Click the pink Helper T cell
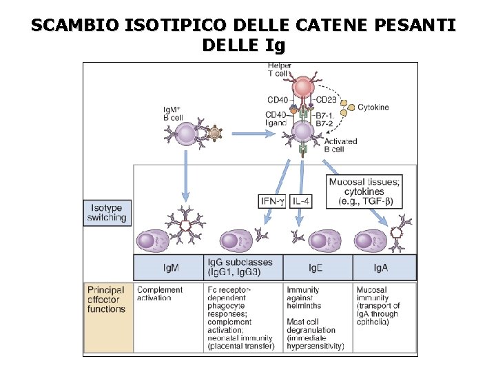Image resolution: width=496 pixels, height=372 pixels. [302, 87]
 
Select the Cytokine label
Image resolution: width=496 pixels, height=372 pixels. [373, 107]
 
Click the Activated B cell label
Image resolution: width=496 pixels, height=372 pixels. [340, 145]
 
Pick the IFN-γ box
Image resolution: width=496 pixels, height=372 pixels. [272, 201]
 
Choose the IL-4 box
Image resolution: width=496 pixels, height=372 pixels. [301, 201]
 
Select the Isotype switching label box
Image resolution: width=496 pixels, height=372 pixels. [107, 213]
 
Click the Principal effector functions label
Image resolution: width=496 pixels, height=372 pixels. [107, 300]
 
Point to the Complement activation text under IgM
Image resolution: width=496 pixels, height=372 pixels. [160, 294]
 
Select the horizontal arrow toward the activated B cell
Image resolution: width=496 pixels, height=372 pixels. [254, 132]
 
